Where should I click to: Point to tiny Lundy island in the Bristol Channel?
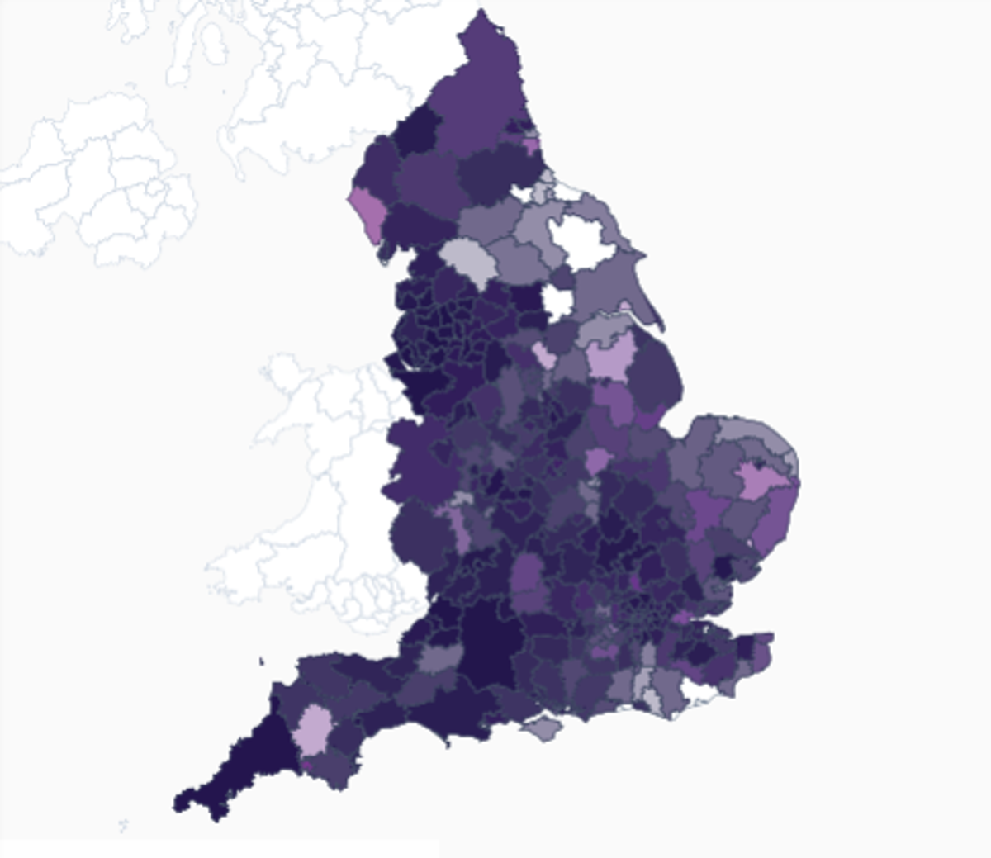[x=261, y=661]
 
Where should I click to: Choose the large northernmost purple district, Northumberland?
[x=479, y=91]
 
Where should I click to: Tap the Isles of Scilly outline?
[x=124, y=824]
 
